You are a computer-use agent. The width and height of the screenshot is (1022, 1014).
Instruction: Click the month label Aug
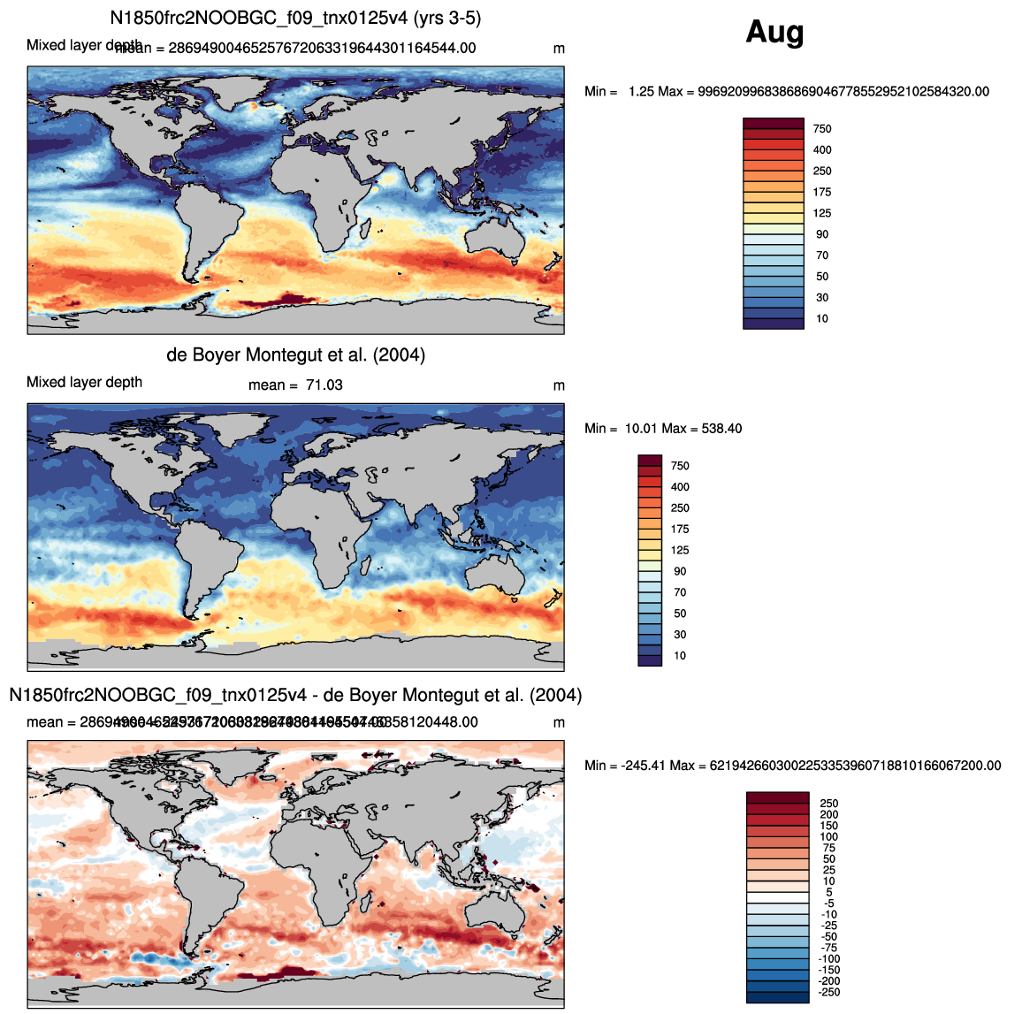click(774, 33)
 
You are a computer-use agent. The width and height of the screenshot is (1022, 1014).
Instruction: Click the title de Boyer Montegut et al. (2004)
click(295, 355)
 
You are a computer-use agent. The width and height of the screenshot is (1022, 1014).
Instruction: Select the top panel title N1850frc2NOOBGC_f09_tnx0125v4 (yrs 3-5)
click(295, 19)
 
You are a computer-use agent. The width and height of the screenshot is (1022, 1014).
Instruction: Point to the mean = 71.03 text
click(295, 385)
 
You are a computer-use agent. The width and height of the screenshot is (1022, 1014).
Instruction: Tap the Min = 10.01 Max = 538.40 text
click(663, 429)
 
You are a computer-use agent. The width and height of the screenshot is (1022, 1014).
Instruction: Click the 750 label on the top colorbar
click(822, 129)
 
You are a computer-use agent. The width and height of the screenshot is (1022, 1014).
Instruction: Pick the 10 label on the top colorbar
click(822, 319)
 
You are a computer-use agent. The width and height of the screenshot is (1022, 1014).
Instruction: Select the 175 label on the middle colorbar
click(680, 530)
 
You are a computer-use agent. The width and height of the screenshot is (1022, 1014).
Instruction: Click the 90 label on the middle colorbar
click(680, 572)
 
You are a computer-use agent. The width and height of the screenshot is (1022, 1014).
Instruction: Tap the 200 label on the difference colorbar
click(828, 815)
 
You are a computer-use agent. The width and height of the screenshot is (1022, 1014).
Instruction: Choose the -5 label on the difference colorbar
click(828, 903)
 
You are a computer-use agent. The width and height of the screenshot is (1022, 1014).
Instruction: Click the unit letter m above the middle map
click(559, 385)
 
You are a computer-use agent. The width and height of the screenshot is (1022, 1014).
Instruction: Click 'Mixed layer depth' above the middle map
click(84, 383)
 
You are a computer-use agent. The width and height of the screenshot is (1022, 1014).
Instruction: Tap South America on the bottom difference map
click(208, 884)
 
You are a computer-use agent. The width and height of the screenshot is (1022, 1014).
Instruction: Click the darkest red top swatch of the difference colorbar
click(777, 797)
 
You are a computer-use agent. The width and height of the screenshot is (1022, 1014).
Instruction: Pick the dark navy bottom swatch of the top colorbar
click(774, 324)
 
